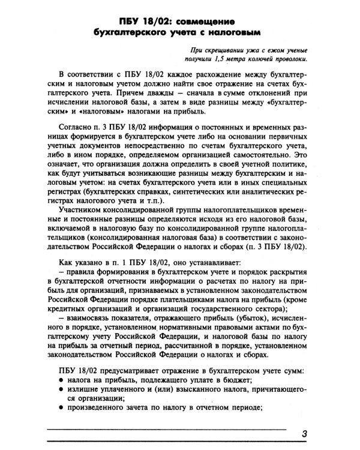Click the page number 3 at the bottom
pyautogui.click(x=305, y=435)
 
